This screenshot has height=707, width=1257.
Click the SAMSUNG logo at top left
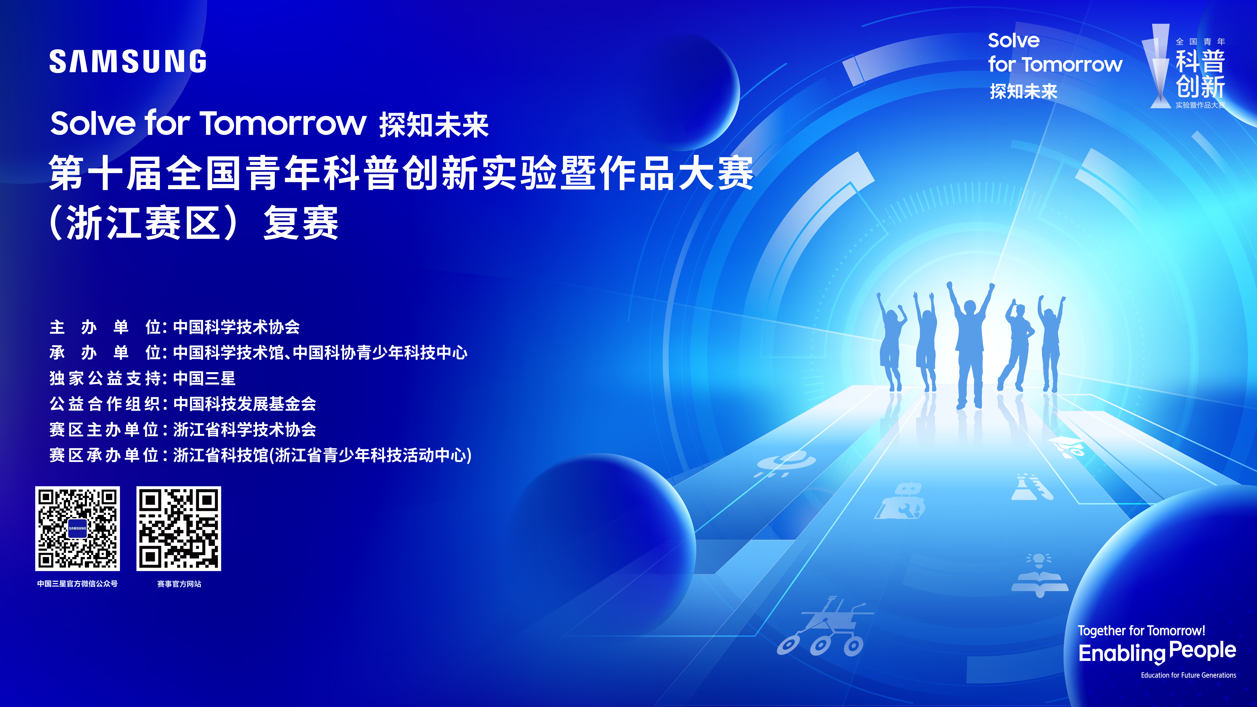tap(128, 61)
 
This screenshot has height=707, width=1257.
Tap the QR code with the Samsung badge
tap(78, 528)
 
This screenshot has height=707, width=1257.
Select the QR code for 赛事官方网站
tap(179, 528)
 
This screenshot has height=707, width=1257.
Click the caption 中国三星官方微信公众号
tap(78, 583)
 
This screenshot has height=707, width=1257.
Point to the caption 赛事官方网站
tap(179, 583)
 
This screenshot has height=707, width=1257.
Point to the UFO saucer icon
tap(785, 464)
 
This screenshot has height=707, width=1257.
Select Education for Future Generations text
tap(1188, 675)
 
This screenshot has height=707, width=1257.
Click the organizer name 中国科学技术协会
tap(237, 327)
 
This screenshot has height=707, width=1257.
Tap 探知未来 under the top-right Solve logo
tap(1023, 91)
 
